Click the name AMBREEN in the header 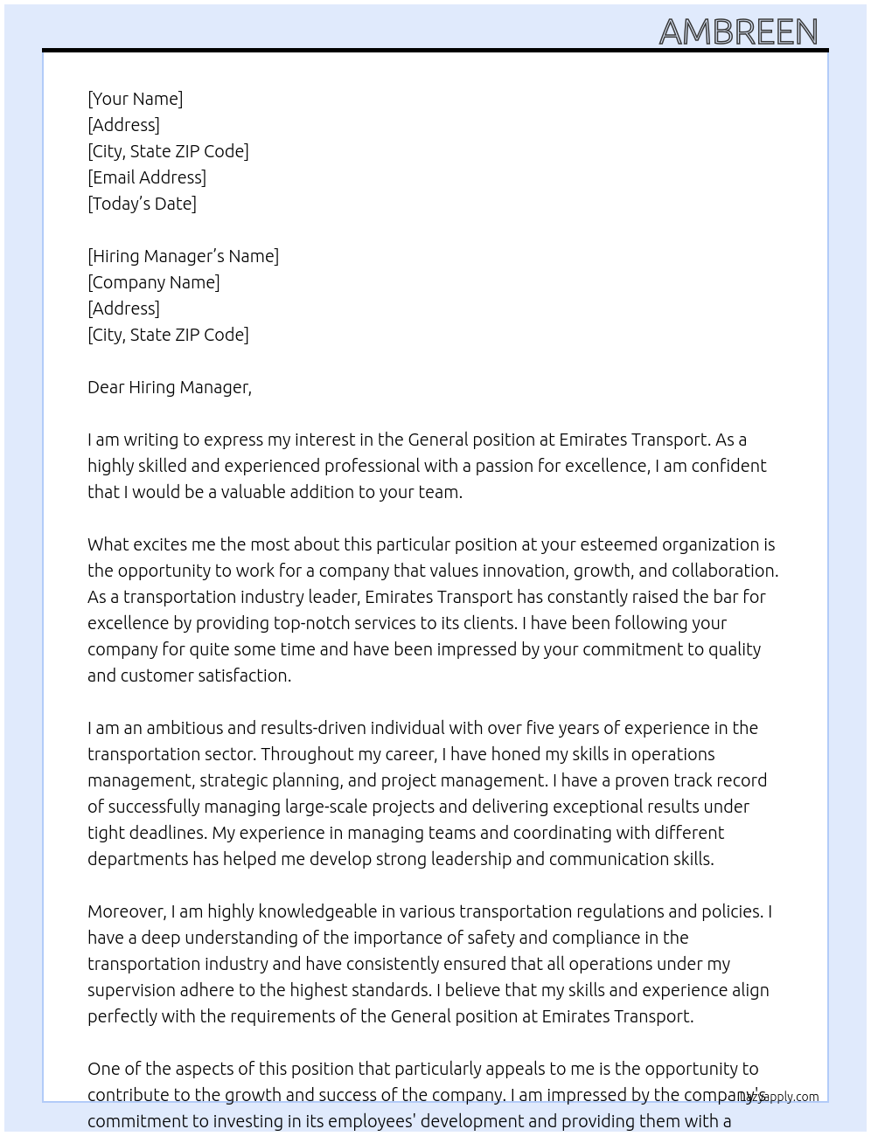click(738, 31)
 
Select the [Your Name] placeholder click(135, 99)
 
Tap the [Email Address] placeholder click(147, 177)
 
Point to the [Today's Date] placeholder click(142, 204)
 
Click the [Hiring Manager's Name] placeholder click(183, 256)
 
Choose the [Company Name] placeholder click(153, 282)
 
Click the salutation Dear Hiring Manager click(169, 387)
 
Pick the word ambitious click(189, 728)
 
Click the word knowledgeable click(304, 911)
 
